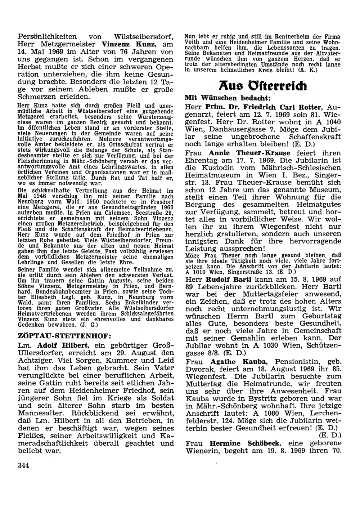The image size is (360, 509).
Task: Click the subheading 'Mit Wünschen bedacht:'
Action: (227, 98)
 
